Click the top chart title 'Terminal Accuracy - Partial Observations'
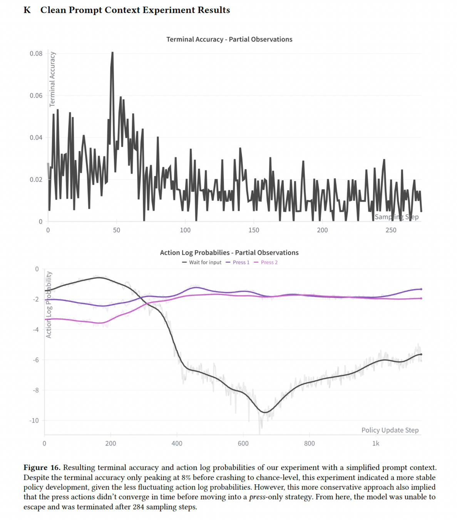(229, 39)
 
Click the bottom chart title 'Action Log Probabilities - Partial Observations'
(229, 253)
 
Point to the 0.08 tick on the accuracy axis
(36, 54)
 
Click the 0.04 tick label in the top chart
(36, 138)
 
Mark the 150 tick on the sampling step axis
(254, 230)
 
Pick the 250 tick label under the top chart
(391, 230)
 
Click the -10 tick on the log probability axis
(34, 421)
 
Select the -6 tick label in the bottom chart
(35, 360)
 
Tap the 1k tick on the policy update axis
(376, 444)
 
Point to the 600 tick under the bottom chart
(243, 444)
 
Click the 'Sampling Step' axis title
(397, 217)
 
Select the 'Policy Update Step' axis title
(390, 430)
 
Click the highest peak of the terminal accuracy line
(112, 52)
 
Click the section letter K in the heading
(27, 10)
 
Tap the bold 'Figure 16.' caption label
(42, 468)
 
